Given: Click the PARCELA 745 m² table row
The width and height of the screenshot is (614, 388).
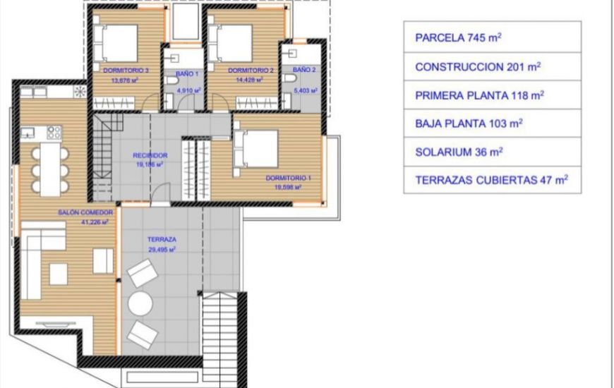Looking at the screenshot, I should point(492,37).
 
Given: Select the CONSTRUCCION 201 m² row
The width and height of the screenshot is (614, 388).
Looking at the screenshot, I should point(492,66).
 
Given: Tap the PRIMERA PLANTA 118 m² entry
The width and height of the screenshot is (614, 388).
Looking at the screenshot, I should point(492,95).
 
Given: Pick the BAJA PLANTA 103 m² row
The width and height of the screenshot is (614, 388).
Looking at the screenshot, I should point(492,123).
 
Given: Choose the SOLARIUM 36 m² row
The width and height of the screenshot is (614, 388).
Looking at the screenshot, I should point(492,151).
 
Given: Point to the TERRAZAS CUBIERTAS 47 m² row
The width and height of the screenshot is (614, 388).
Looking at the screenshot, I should point(492,179).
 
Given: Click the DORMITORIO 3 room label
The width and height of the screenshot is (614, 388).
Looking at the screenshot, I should point(125,71).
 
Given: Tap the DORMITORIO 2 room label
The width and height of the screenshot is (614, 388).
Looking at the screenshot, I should point(250,71).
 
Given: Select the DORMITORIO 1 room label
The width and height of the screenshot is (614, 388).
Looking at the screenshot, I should point(284,178).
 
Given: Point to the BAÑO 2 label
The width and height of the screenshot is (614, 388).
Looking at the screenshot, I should point(303,70).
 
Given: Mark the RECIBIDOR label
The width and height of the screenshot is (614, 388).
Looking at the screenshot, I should point(150,155).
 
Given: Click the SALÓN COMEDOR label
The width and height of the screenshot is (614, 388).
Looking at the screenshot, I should point(85,212).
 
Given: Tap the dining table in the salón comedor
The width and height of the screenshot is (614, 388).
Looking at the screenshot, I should point(49,169).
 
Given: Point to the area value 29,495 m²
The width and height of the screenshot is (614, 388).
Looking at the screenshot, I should point(162,249).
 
